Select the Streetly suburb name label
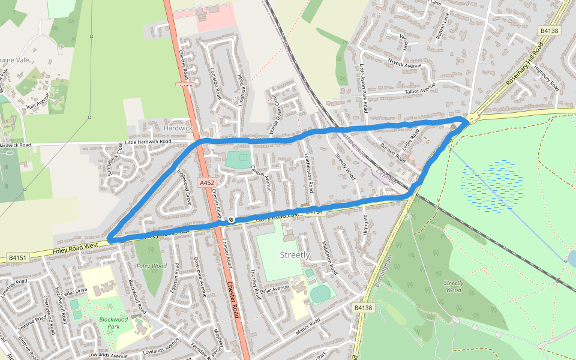tap(295, 255)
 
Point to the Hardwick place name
tap(178, 128)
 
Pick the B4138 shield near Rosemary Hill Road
tap(549, 31)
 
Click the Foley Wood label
tap(151, 266)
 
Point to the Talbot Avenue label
tap(419, 89)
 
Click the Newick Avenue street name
tap(405, 63)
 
